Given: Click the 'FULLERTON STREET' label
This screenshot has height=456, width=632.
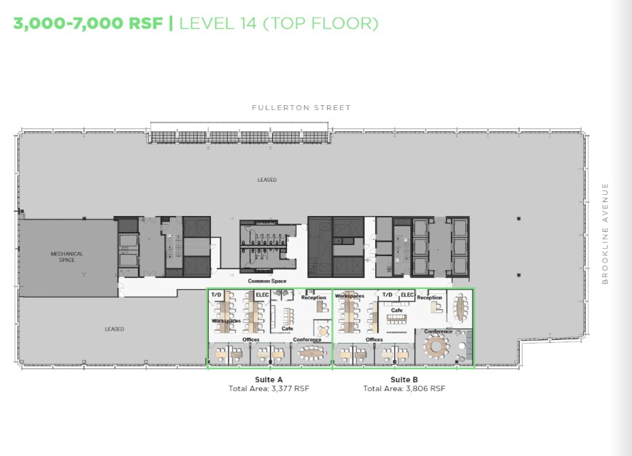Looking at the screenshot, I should [301, 107].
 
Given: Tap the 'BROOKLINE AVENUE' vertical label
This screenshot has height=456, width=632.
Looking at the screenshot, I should [605, 233].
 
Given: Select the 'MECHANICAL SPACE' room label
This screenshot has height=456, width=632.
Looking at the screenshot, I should [66, 257].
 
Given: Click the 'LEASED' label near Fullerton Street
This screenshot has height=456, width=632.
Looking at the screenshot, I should [266, 179].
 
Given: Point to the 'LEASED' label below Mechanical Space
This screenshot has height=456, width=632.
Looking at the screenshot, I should [114, 329].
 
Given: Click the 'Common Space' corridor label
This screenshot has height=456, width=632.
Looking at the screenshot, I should [266, 281].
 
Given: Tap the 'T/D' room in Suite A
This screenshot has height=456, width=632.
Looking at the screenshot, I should [216, 295].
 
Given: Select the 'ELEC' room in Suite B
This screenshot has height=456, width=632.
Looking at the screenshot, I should [407, 295].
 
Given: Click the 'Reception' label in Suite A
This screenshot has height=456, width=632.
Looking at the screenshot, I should [314, 298].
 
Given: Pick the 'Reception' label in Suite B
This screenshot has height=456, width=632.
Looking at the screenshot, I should [429, 298].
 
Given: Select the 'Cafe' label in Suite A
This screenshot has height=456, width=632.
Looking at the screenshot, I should [288, 328].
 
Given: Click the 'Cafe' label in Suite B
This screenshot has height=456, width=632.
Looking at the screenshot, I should [396, 310].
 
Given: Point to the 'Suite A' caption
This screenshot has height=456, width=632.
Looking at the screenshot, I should [269, 379].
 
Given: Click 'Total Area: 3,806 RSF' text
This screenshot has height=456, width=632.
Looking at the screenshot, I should [404, 389].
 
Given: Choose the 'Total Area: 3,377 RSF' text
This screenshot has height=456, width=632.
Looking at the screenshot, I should [269, 389].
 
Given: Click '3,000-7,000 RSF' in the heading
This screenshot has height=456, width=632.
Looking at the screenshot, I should [88, 23].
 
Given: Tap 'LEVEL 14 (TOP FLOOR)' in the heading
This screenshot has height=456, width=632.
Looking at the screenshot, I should [279, 23].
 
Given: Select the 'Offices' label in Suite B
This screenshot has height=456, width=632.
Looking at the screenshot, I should [374, 339].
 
